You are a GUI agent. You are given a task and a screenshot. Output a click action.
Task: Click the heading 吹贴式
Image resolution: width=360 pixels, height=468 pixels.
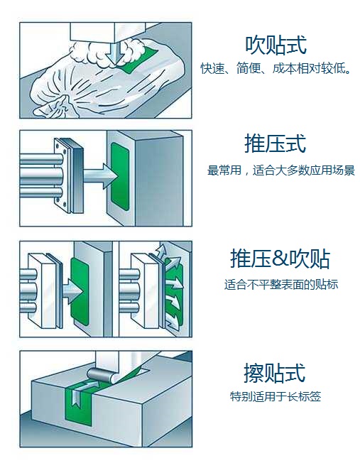pos(276,45)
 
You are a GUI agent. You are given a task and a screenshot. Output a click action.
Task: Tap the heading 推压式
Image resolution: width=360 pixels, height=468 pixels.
pos(276,143)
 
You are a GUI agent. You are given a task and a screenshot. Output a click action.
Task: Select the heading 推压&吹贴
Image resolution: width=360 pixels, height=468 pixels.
pos(280,259)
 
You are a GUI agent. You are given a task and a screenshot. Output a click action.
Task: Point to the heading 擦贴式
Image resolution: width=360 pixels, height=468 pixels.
pos(275,373)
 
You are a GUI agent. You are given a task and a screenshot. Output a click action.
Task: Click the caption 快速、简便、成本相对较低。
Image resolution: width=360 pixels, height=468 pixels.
pos(276,68)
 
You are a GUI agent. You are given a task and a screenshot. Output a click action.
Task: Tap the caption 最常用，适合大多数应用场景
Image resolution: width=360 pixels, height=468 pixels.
pos(281,170)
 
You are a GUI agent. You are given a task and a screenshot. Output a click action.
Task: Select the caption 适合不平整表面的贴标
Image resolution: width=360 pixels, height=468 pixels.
pos(281,284)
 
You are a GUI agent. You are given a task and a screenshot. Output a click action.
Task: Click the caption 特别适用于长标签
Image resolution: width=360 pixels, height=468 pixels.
pos(276,396)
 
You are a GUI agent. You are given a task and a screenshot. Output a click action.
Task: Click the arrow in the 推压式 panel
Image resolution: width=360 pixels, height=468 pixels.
pos(100,176)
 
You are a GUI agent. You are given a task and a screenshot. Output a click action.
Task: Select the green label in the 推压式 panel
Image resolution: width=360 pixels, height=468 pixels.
pos(120,176)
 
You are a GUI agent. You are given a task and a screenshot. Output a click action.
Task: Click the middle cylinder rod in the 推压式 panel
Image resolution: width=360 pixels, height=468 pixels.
pos(41,176)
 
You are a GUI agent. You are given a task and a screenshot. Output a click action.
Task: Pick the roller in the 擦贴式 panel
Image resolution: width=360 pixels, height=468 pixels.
pos(100,374)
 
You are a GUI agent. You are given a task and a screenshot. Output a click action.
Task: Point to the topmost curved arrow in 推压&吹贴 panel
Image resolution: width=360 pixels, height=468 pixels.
pos(161,251)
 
